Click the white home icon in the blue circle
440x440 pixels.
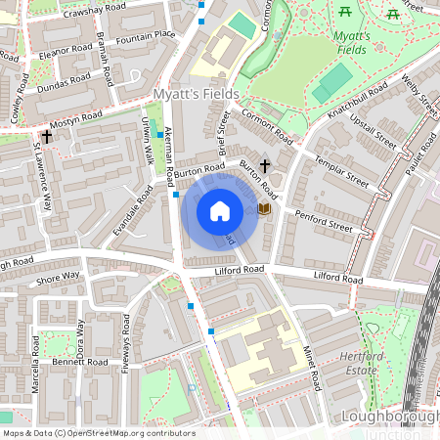coord(220,210)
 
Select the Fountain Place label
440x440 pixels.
coord(145,37)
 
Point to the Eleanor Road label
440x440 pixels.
coord(66,48)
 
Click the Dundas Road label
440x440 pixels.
coord(64,85)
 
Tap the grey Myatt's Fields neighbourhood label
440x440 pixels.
coord(190,94)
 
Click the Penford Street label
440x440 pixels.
coord(324,226)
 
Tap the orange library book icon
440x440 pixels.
coord(264,209)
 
